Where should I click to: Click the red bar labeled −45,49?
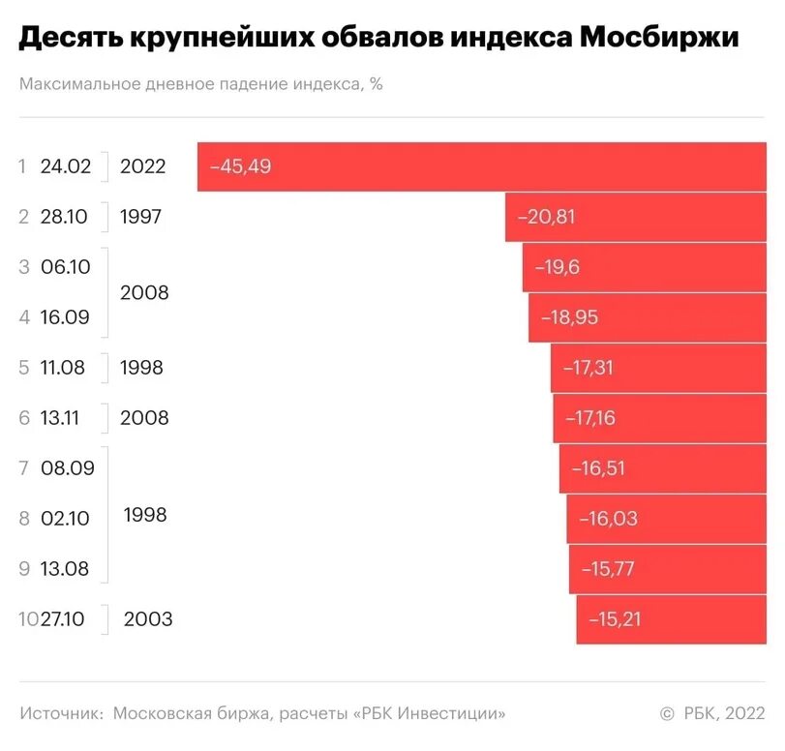484,166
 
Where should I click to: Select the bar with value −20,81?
639,217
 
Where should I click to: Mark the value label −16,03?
609,519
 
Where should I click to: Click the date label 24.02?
66,166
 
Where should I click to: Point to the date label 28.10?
66,217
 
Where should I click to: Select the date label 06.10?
66,267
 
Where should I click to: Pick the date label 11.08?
66,368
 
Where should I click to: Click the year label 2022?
143,166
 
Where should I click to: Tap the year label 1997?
141,217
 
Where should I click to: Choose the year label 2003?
148,619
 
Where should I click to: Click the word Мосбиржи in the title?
660,39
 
